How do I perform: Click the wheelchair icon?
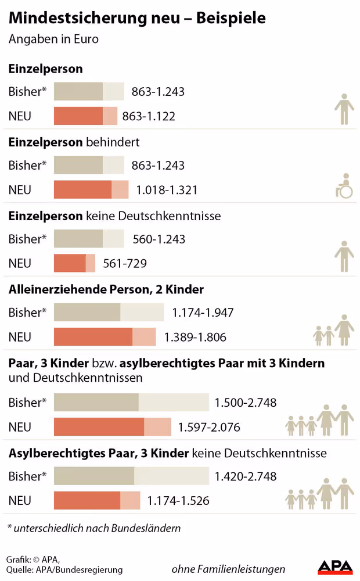pos(345,186)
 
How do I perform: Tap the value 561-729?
pos(124,263)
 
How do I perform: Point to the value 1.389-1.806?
pos(195,337)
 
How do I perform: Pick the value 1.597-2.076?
pos(209,427)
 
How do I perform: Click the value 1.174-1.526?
pos(178,500)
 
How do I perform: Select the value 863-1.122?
pos(149,116)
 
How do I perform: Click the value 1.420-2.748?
pos(245,476)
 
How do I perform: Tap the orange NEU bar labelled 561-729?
pos(74,263)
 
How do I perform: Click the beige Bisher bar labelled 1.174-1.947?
pos(109,313)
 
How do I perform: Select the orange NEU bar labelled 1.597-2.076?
pos(112,427)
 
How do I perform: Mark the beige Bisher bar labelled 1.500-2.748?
pos(131,403)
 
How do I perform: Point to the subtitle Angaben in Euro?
pos(53,40)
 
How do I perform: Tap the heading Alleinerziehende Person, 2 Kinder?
pos(106,289)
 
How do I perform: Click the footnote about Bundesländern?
pos(94,528)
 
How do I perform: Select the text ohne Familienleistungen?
pos(228,569)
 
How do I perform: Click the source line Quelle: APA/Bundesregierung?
pos(64,570)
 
